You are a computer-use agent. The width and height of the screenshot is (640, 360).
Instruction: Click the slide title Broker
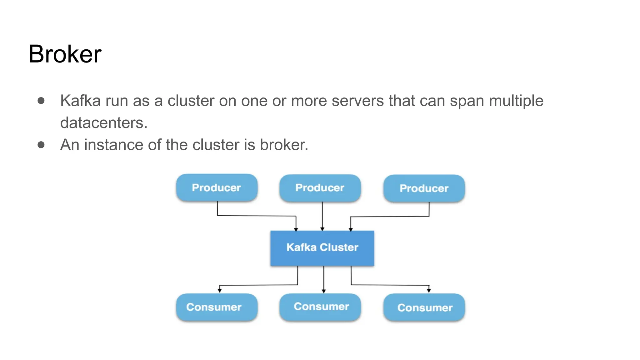tap(65, 54)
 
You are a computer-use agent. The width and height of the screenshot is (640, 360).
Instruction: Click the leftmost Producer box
tap(217, 187)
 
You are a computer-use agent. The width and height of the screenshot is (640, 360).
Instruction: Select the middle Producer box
tap(320, 188)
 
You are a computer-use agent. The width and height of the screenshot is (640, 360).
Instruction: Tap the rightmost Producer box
tap(424, 188)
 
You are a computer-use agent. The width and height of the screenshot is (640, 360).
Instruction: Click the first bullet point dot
tap(41, 101)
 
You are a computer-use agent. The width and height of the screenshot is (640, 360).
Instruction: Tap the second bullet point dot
tap(41, 145)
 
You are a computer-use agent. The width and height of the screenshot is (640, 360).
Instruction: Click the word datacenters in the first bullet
tap(103, 122)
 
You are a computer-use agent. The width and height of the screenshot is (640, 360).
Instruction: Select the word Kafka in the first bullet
tap(80, 101)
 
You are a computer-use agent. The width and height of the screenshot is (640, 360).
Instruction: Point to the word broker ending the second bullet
tap(283, 145)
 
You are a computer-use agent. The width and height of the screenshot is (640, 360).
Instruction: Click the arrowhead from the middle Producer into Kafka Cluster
tap(322, 229)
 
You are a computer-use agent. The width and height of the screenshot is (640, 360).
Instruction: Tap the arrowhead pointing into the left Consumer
tap(220, 290)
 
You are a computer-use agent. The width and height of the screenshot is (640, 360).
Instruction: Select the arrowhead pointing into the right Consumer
tap(429, 290)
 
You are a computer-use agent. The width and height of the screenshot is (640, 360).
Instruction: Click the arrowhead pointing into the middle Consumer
tap(324, 291)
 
